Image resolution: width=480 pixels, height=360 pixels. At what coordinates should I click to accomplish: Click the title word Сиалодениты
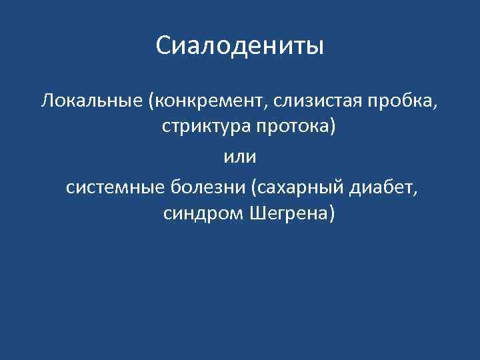pos(240,46)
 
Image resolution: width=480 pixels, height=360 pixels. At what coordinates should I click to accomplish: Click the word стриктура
pos(200,127)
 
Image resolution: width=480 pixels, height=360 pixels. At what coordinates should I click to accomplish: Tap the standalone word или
pos(239,157)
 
